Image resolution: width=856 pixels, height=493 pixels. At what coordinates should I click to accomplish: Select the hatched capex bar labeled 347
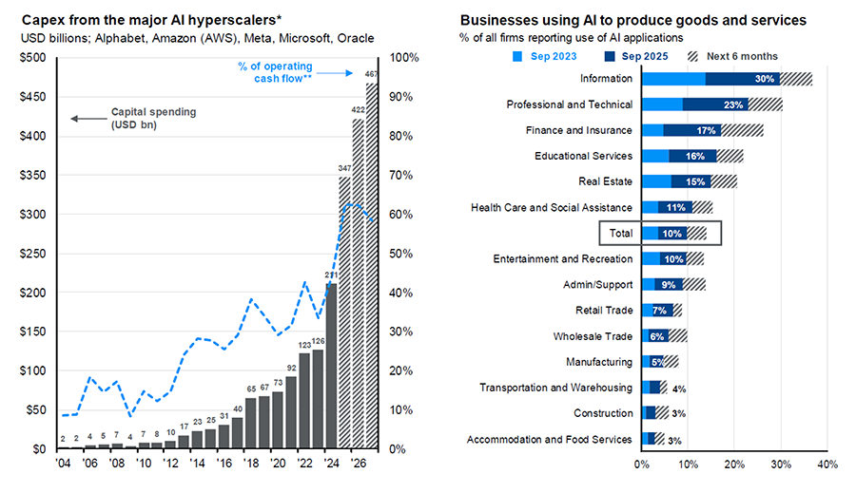pos(344,313)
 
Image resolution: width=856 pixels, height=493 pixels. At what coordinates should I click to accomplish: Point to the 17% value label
pos(706,130)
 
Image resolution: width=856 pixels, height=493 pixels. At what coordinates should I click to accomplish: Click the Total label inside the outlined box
pos(621,233)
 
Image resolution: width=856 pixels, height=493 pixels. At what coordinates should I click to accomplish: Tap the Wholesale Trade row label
pos(593,336)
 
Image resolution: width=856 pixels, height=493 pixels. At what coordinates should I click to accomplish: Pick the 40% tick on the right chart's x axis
pos(826,465)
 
